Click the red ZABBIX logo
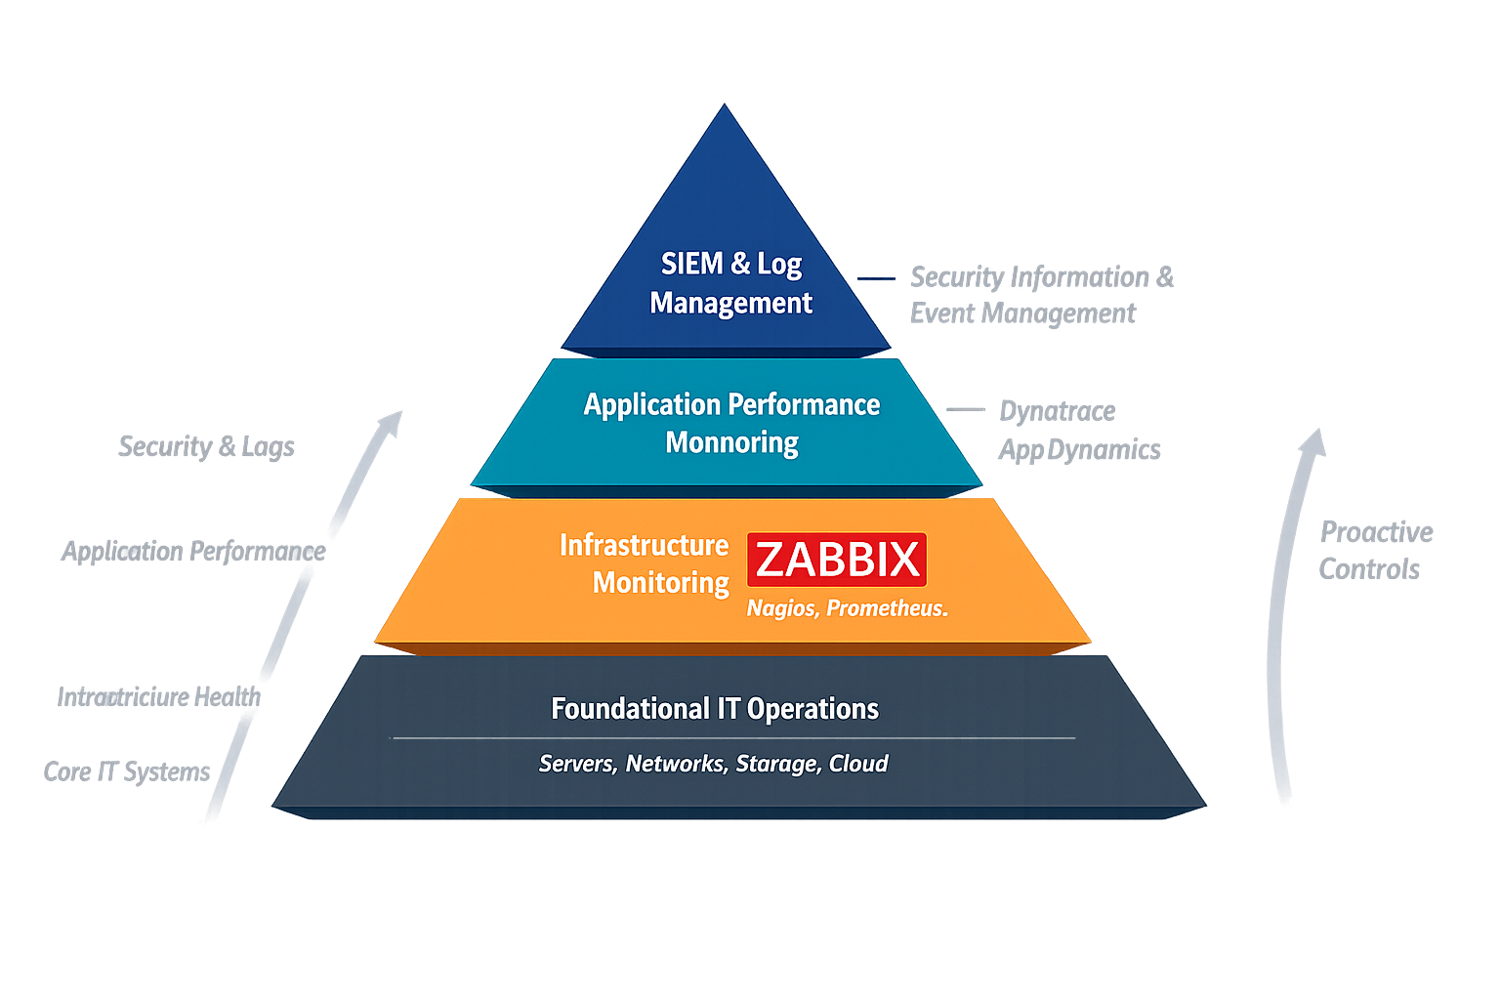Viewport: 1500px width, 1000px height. [x=837, y=560]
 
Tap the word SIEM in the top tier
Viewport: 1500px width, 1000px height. [x=691, y=264]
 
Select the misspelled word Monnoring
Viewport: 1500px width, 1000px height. [x=731, y=443]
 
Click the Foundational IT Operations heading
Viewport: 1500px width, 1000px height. [x=714, y=709]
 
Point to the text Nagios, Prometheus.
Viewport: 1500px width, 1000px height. [x=847, y=608]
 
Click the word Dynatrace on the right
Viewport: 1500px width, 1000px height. [x=1057, y=411]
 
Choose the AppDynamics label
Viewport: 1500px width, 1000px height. [x=1079, y=449]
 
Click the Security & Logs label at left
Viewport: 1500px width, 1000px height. [x=206, y=446]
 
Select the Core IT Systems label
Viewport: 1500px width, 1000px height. [x=127, y=771]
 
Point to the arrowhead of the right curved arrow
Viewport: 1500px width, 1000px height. [x=1312, y=441]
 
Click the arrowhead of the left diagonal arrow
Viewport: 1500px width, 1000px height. [x=392, y=420]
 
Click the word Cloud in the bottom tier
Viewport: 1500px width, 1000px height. [x=858, y=764]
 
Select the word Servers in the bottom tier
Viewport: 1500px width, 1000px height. [x=576, y=764]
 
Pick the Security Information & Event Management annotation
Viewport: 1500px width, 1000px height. [x=1041, y=295]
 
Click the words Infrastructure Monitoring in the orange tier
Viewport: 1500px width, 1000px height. [x=645, y=563]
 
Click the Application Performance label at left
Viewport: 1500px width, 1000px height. [x=192, y=552]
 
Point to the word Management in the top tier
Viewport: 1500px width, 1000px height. [x=730, y=303]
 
